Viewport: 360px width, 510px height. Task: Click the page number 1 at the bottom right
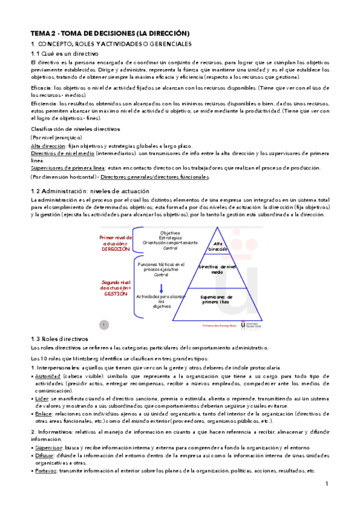[x=326, y=485]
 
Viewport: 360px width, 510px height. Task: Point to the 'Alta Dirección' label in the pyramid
[x=218, y=246]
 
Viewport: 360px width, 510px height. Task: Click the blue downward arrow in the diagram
[x=160, y=289]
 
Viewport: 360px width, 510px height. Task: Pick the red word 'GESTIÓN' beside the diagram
[x=115, y=294]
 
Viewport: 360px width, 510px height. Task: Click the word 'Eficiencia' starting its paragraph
[x=46, y=104]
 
